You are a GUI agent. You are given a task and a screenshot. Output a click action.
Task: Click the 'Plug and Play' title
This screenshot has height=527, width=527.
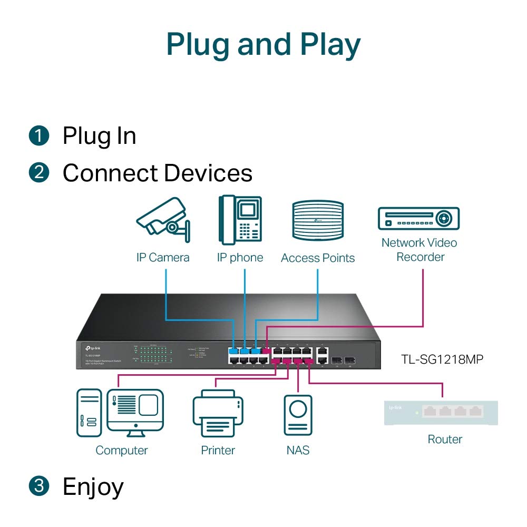coord(263,45)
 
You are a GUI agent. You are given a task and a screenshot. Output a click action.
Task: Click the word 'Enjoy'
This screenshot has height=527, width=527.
coord(93,487)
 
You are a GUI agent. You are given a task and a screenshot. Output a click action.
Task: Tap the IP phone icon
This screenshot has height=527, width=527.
coord(240,220)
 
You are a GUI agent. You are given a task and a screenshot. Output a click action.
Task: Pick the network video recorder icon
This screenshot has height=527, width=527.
coord(419,218)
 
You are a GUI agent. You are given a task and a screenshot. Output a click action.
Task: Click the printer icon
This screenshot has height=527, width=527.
coord(218,414)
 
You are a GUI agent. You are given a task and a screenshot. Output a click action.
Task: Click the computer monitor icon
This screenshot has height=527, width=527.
coord(135,413)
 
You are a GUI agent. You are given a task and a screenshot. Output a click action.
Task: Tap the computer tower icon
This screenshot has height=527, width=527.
coord(89,413)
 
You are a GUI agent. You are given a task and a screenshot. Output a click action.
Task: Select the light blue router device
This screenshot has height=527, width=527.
coord(441,413)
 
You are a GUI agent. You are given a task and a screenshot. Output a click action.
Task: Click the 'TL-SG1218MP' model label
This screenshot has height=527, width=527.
coord(442,359)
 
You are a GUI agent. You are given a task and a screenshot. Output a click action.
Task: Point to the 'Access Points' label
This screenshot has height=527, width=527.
coord(318,258)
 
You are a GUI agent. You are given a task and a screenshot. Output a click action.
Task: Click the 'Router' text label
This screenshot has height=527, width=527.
coord(445,439)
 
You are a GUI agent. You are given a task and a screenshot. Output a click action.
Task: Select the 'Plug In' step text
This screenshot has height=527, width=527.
coord(99,136)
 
